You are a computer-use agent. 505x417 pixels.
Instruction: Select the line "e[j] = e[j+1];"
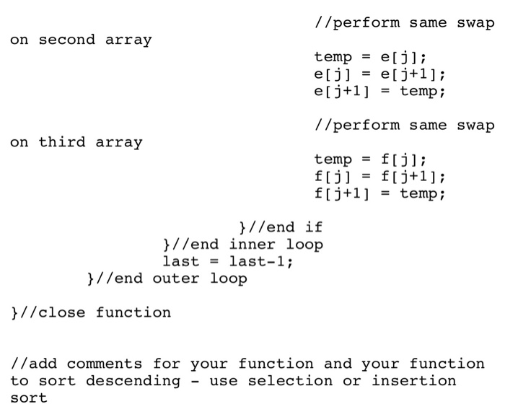tap(379, 74)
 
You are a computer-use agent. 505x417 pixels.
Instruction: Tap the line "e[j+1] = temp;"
tap(379, 92)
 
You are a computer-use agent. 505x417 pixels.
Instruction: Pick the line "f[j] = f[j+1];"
tap(379, 177)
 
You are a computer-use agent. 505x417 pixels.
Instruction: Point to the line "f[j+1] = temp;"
tap(379, 194)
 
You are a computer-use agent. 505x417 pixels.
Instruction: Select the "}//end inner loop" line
tap(243, 245)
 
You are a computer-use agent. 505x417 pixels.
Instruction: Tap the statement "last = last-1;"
tap(228, 262)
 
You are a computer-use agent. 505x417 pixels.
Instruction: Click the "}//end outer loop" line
tap(167, 278)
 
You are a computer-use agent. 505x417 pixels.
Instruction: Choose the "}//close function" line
tap(91, 313)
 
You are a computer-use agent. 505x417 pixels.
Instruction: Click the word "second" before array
tap(66, 40)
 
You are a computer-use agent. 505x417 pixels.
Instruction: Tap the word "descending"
tap(133, 381)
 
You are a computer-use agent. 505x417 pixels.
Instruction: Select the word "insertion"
tap(414, 381)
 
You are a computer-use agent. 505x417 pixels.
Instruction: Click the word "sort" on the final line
tap(29, 398)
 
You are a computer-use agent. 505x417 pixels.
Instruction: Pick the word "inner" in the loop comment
tap(252, 245)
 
